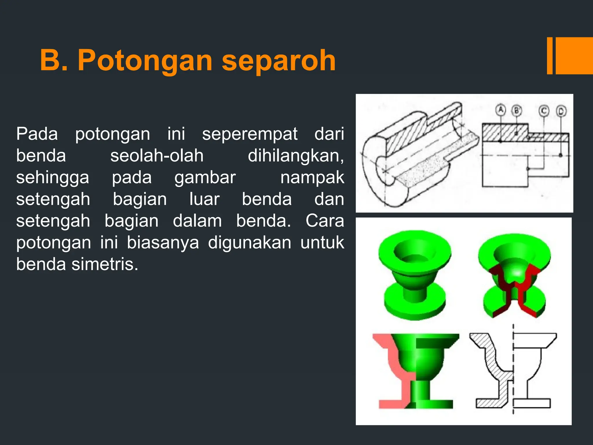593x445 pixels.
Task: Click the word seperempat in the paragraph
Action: [x=250, y=134]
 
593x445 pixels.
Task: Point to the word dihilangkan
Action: [x=296, y=156]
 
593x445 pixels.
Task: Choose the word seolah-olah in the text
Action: [x=157, y=156]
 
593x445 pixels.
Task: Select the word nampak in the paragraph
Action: [x=312, y=177]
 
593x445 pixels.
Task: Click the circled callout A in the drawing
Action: [x=500, y=110]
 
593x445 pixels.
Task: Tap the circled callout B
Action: [x=517, y=111]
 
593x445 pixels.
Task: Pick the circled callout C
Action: [x=544, y=111]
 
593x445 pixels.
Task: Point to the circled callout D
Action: [x=561, y=111]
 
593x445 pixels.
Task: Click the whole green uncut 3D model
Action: [x=415, y=275]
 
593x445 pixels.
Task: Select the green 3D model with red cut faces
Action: [x=514, y=275]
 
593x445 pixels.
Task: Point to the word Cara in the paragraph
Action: [x=325, y=221]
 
